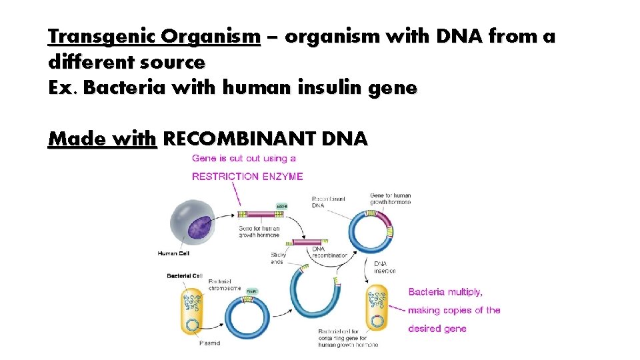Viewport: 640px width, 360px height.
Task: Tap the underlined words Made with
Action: point(102,139)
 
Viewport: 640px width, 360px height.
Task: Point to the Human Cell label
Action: point(175,253)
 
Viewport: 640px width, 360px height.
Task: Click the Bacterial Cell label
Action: point(184,276)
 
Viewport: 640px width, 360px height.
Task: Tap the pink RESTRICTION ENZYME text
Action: point(247,177)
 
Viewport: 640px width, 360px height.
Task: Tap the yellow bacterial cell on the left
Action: point(194,311)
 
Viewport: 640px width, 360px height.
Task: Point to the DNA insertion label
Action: point(384,267)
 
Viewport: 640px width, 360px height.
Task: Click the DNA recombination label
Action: point(329,252)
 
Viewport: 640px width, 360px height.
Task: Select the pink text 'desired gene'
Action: point(437,329)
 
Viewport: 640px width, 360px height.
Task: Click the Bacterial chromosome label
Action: point(224,285)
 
